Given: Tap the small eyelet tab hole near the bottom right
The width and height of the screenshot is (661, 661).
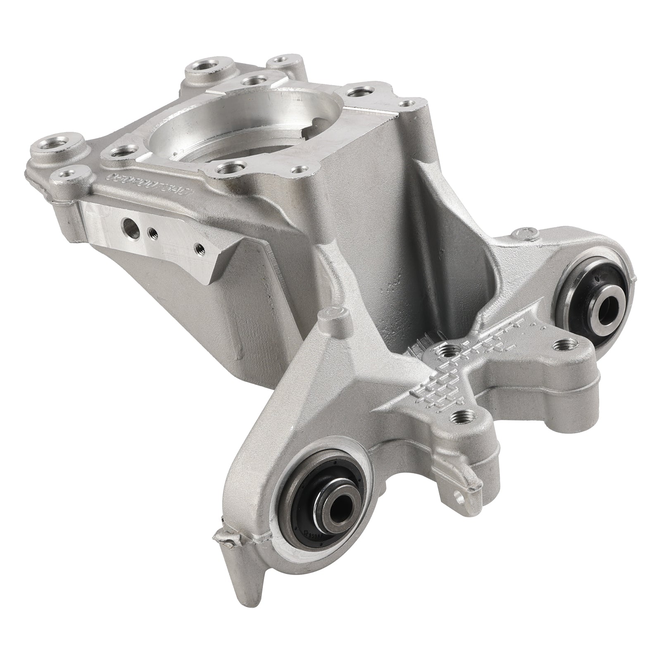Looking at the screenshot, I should pyautogui.click(x=458, y=494).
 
